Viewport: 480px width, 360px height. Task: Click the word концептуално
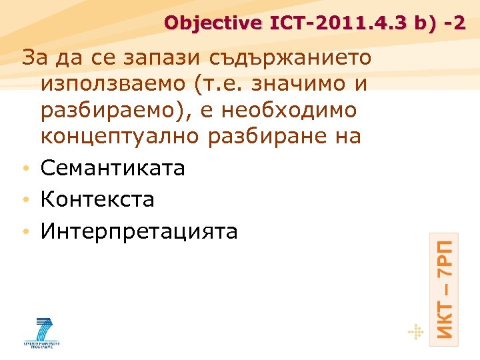pos(122,136)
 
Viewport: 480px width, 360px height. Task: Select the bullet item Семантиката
pos(113,168)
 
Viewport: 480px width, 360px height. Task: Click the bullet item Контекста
pos(97,199)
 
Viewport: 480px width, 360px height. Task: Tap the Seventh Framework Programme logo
pos(43,331)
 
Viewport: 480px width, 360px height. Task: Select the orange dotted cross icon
pos(415,331)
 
